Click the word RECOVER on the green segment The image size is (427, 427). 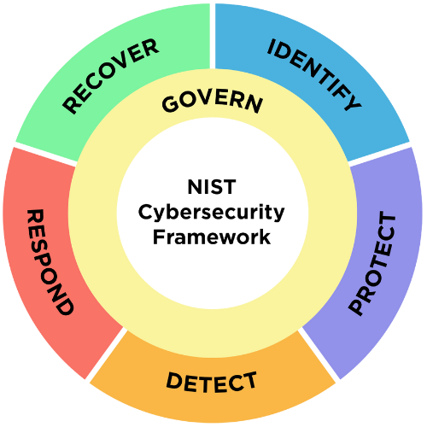click(x=111, y=75)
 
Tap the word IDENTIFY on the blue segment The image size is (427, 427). click(x=314, y=74)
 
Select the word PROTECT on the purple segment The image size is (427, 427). click(x=373, y=265)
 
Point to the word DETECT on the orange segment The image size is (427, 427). click(x=211, y=380)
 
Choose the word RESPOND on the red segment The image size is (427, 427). click(x=48, y=260)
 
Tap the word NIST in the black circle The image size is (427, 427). click(x=212, y=185)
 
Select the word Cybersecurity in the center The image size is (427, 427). click(x=212, y=211)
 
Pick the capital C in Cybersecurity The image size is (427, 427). click(x=145, y=210)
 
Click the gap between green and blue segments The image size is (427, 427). click(x=212, y=34)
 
